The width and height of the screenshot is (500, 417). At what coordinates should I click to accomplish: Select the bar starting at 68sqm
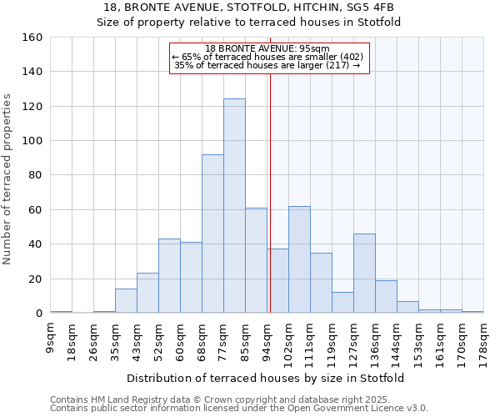pos(212,234)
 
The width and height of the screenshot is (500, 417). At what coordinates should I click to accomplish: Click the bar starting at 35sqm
pos(126,301)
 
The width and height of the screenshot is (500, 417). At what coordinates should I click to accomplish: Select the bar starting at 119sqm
pos(342,303)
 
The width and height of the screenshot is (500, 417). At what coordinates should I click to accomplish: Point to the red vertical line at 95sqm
pos(270,183)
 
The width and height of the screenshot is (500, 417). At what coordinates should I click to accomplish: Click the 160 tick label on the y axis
pos(32,38)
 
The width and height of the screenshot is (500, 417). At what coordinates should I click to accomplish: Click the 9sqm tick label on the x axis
pos(51,337)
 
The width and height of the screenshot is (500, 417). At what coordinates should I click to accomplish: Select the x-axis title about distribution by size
pos(267,378)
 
